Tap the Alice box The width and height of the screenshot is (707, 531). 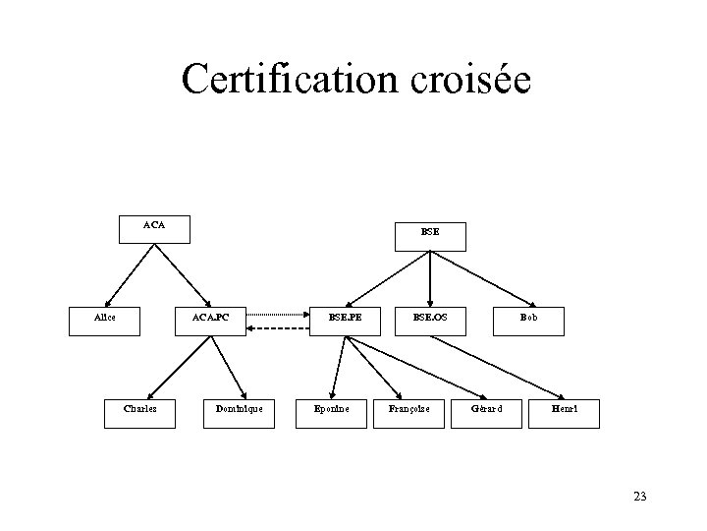(x=104, y=320)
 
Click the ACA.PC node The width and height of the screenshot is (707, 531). (x=210, y=320)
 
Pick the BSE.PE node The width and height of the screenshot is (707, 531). (x=345, y=320)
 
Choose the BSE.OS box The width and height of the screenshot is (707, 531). (x=430, y=320)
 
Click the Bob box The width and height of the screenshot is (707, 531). (x=529, y=320)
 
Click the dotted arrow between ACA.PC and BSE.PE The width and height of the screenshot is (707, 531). (x=278, y=315)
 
